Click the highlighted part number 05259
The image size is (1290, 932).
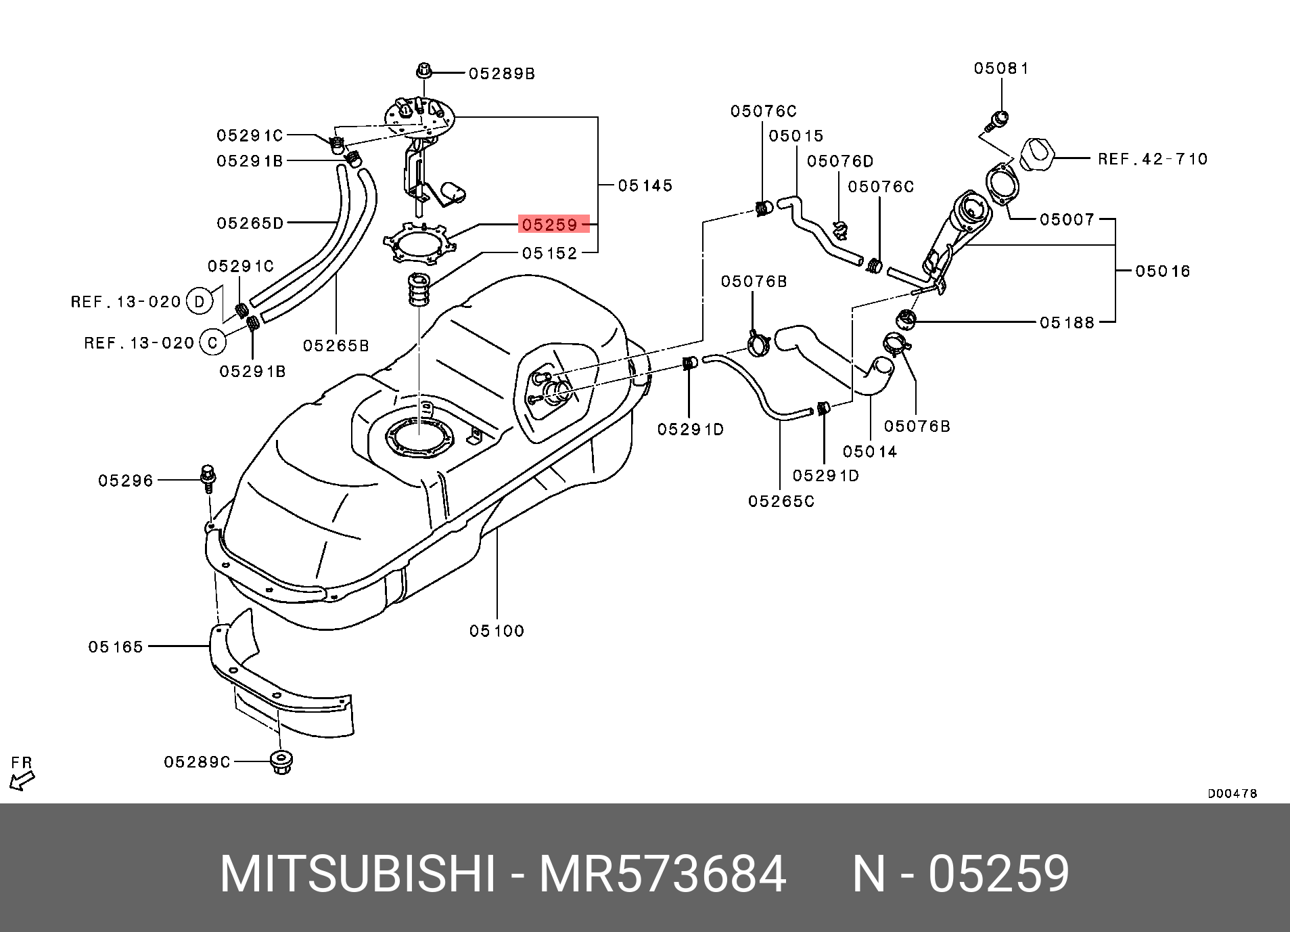(x=549, y=224)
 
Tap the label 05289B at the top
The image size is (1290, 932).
(x=501, y=74)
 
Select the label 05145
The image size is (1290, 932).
(x=645, y=185)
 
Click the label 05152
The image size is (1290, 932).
(x=549, y=253)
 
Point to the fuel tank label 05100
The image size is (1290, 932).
(x=497, y=631)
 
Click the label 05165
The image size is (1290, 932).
(x=116, y=647)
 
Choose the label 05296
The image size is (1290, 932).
(x=126, y=481)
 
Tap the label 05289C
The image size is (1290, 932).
(x=197, y=762)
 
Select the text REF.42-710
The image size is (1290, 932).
(x=1152, y=159)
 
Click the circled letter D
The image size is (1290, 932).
(x=199, y=301)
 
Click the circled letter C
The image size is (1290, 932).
(x=212, y=343)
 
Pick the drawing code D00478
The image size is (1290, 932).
(x=1232, y=793)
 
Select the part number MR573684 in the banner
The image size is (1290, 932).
(x=662, y=874)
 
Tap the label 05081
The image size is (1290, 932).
(x=1001, y=68)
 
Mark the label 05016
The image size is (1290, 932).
(x=1162, y=271)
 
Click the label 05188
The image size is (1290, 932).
(x=1067, y=323)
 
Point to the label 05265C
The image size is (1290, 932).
(x=781, y=502)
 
